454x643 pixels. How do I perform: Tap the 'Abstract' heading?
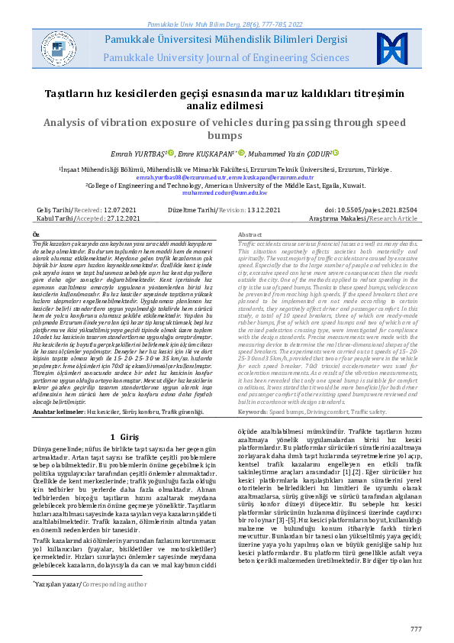point(250,234)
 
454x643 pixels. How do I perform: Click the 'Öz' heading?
point(35,234)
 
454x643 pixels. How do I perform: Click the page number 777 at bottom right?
point(415,628)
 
